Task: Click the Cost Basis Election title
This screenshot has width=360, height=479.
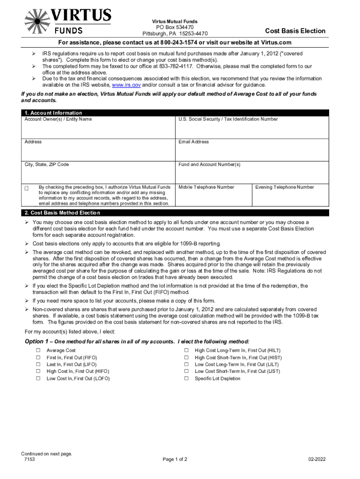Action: click(x=295, y=31)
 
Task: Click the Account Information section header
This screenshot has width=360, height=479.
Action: click(x=53, y=113)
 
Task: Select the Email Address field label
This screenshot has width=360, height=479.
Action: click(x=194, y=142)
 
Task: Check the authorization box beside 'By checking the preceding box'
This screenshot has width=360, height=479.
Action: click(x=27, y=188)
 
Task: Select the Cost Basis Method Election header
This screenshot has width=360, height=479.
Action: click(x=62, y=213)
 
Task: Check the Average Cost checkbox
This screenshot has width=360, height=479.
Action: click(x=38, y=350)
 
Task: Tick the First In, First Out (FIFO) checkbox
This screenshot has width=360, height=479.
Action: click(x=38, y=357)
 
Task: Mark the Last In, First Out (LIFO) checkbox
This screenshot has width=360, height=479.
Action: click(x=38, y=364)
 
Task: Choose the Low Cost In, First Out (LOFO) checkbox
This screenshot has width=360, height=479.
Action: click(x=38, y=378)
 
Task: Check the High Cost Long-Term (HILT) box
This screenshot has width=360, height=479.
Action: click(x=186, y=350)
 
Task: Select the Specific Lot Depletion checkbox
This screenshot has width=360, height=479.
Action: click(x=186, y=378)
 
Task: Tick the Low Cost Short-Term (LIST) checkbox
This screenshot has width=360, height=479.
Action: click(x=186, y=371)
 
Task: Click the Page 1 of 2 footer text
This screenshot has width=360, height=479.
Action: click(x=175, y=459)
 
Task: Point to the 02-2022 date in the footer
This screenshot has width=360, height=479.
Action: click(x=317, y=459)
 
